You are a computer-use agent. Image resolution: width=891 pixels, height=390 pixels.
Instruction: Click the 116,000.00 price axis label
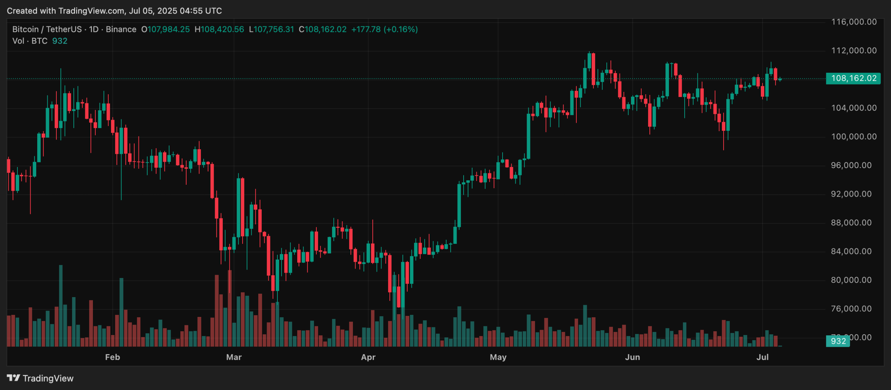[854, 22]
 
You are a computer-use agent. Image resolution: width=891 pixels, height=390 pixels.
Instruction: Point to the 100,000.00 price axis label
[854, 137]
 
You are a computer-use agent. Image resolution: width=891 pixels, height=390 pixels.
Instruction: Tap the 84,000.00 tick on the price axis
[851, 252]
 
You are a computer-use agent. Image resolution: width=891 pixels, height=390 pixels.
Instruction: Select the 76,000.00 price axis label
[851, 309]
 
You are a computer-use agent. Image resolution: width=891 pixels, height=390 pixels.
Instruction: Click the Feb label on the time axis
[112, 357]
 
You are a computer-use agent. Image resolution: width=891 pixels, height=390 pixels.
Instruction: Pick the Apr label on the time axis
[368, 357]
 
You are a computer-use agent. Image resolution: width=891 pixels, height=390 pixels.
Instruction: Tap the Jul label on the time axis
[762, 357]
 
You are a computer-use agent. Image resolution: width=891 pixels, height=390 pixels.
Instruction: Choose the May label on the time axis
[498, 357]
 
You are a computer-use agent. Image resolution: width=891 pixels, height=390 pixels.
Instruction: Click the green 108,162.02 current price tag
[853, 78]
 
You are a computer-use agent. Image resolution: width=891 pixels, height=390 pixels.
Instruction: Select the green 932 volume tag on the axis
[838, 341]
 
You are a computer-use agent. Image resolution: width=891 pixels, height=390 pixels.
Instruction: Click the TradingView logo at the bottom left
[40, 379]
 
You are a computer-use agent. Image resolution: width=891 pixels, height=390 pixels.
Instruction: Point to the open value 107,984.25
[168, 29]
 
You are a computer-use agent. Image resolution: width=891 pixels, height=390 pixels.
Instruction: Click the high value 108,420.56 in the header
[222, 29]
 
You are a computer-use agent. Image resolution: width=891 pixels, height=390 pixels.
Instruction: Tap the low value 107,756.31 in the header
[274, 29]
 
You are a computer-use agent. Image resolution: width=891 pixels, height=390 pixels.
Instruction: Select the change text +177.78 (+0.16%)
[384, 29]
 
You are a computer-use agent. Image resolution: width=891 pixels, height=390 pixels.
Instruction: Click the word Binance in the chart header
[121, 29]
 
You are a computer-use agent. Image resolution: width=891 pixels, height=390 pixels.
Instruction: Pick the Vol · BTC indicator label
[30, 41]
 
